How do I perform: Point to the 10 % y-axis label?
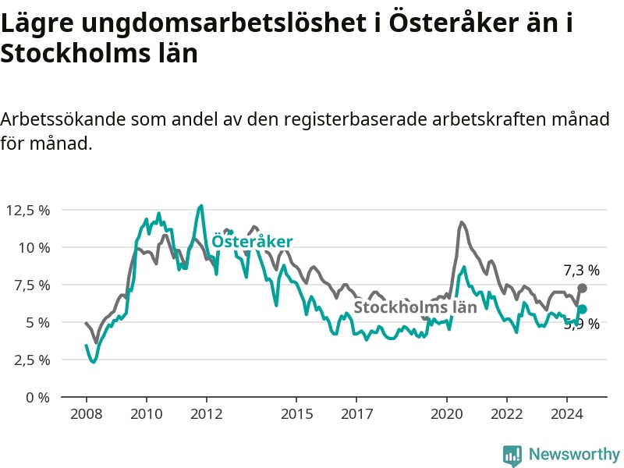34,247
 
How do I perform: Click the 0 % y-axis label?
37,397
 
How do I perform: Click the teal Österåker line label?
252,242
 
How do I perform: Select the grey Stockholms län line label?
415,307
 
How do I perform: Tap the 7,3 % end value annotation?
581,271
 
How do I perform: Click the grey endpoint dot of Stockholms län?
582,289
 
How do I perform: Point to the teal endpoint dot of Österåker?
582,310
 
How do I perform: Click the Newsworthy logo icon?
512,454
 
